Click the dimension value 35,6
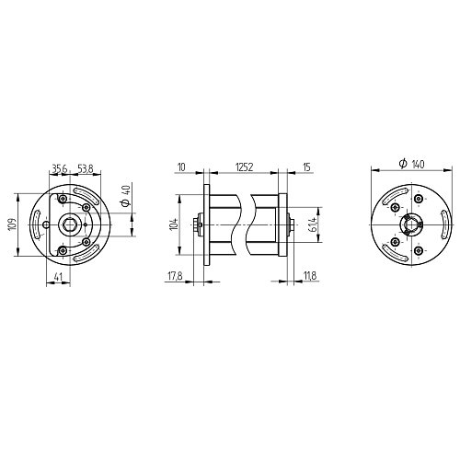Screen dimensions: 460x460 pyautogui.click(x=59, y=168)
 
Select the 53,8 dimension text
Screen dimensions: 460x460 pyautogui.click(x=85, y=168)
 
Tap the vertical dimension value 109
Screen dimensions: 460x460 pyautogui.click(x=13, y=224)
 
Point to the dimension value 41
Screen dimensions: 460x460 pyautogui.click(x=58, y=277)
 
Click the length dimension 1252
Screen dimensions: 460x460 pyautogui.click(x=244, y=167)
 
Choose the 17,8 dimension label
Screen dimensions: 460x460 pyautogui.click(x=175, y=276)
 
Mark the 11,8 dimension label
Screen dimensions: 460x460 pyautogui.click(x=310, y=276)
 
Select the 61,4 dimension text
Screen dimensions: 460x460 pyautogui.click(x=314, y=224)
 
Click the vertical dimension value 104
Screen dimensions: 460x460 pyautogui.click(x=175, y=224)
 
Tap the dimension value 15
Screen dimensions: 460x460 pyautogui.click(x=306, y=167)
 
